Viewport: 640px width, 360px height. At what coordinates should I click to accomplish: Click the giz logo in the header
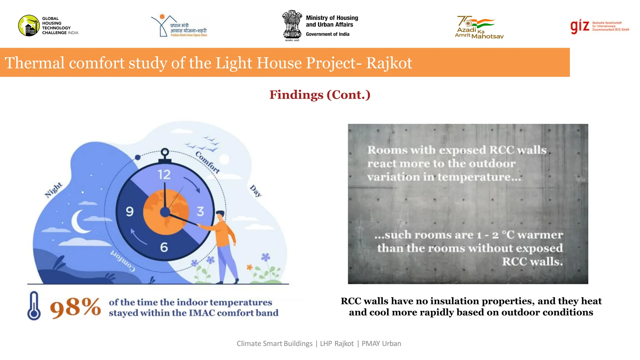click(x=580, y=26)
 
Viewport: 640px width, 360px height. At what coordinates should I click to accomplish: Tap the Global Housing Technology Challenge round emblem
click(x=29, y=26)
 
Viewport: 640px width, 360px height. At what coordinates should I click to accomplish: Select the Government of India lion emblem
click(x=292, y=24)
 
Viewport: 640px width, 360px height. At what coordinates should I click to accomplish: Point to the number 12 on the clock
click(x=164, y=174)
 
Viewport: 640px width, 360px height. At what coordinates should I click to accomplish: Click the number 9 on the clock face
click(x=130, y=212)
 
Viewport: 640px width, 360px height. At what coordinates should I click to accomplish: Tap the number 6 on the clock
click(x=164, y=247)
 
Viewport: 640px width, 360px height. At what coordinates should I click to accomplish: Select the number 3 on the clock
click(x=200, y=212)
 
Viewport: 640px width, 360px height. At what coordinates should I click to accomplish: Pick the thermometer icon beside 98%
click(x=34, y=306)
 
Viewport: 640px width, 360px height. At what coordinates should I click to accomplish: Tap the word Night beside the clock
click(x=53, y=190)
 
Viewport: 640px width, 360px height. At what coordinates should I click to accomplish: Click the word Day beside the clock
click(x=256, y=191)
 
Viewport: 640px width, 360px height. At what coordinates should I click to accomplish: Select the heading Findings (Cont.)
click(x=320, y=95)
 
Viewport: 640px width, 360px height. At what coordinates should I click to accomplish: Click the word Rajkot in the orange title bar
click(x=389, y=63)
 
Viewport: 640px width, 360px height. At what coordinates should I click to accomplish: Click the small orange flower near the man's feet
click(x=249, y=267)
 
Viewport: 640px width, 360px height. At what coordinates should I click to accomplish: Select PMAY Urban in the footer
click(x=381, y=343)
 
